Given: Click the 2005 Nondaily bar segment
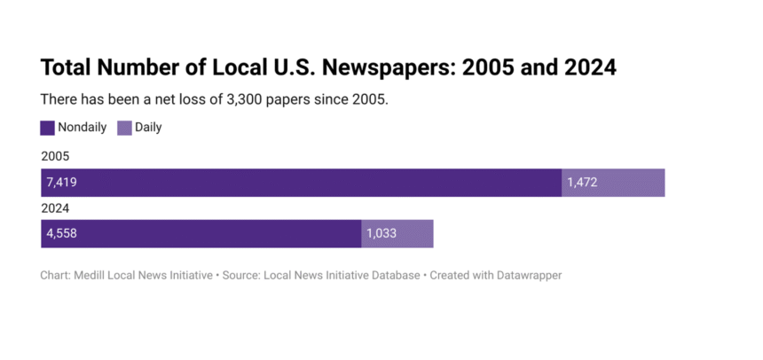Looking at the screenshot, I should [x=302, y=183].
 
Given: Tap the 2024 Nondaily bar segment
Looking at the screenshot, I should [x=201, y=234].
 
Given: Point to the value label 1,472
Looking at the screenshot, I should [x=582, y=183].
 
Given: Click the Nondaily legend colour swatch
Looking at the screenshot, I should [x=48, y=128].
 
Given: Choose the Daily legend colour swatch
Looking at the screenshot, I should [x=125, y=128].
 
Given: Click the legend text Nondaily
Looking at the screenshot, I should [x=83, y=128].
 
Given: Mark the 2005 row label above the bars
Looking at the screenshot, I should [x=55, y=157].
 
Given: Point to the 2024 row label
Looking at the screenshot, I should [x=55, y=208].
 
